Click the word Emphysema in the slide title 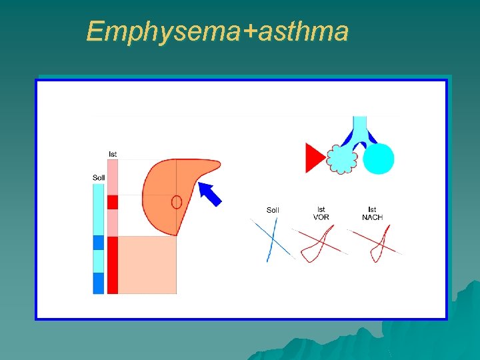point(164,31)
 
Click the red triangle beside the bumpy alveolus point(313,158)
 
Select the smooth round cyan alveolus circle point(379,159)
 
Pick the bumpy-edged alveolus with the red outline point(342,160)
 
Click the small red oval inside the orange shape point(177,201)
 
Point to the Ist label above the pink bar point(113,154)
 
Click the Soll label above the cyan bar point(99,177)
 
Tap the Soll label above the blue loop point(273,210)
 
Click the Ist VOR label point(321,213)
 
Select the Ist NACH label point(372,213)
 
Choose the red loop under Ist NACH point(378,244)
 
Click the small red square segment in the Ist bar point(113,202)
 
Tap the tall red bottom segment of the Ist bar point(113,265)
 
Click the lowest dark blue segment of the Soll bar point(99,283)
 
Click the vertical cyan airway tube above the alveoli point(359,127)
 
